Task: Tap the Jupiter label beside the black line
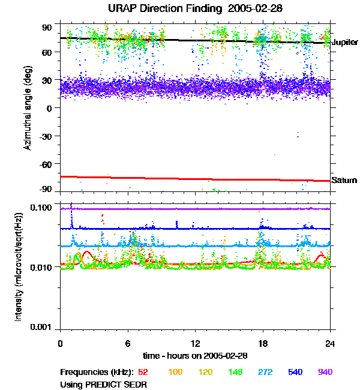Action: point(344,43)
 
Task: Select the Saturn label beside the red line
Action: point(344,180)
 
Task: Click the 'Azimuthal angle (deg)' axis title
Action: point(28,108)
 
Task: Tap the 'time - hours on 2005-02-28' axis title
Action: point(196,355)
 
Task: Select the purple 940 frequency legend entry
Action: point(325,372)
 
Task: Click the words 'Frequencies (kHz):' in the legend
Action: point(97,372)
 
